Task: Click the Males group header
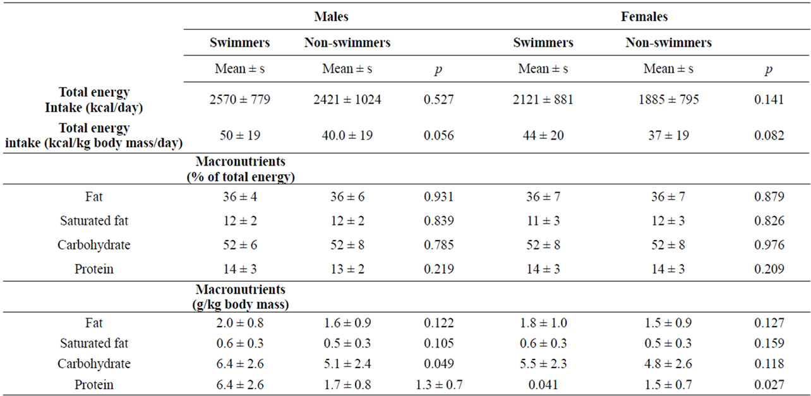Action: point(331,16)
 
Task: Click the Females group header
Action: point(644,16)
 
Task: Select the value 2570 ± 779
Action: point(239,100)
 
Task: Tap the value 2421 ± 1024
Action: point(347,100)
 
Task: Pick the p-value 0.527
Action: point(438,100)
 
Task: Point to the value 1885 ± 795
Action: point(668,100)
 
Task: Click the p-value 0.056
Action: point(438,135)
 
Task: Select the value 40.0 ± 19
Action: point(347,135)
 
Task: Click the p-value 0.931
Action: point(438,196)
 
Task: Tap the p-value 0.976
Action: point(769,245)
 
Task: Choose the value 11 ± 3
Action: point(543,221)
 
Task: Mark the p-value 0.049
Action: point(438,364)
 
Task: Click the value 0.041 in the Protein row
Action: point(543,385)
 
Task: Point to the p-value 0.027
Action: point(769,385)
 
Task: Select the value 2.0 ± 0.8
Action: point(239,323)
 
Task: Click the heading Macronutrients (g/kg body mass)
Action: point(241,297)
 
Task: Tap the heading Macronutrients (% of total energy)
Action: point(241,169)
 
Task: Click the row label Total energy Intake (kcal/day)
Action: point(93,100)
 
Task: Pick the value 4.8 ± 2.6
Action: point(668,364)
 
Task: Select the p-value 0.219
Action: point(438,269)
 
